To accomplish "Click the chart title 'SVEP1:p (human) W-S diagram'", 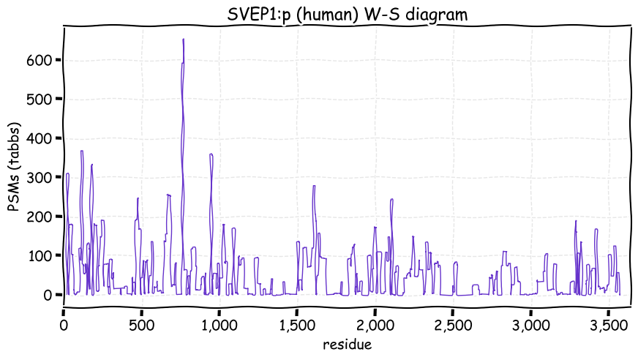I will point(348,14).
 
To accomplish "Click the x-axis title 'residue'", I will point(348,343).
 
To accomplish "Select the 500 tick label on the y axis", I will point(42,99).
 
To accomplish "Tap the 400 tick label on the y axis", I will point(42,138).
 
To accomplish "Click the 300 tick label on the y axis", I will point(42,177).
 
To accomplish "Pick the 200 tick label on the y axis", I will point(42,217).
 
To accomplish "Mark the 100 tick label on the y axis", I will point(42,255).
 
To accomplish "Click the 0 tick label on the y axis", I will point(49,295).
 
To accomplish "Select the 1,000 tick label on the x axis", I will point(219,323).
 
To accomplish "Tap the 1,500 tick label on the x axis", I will point(297,323).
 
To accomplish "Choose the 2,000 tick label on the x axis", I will point(375,323).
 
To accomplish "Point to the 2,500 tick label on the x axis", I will point(452,323).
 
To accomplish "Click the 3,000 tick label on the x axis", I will point(530,323).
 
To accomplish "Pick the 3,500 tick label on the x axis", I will point(608,323).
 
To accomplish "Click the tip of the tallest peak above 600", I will point(183,40).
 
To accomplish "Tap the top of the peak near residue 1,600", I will point(314,186).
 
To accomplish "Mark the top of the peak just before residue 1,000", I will point(211,154).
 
